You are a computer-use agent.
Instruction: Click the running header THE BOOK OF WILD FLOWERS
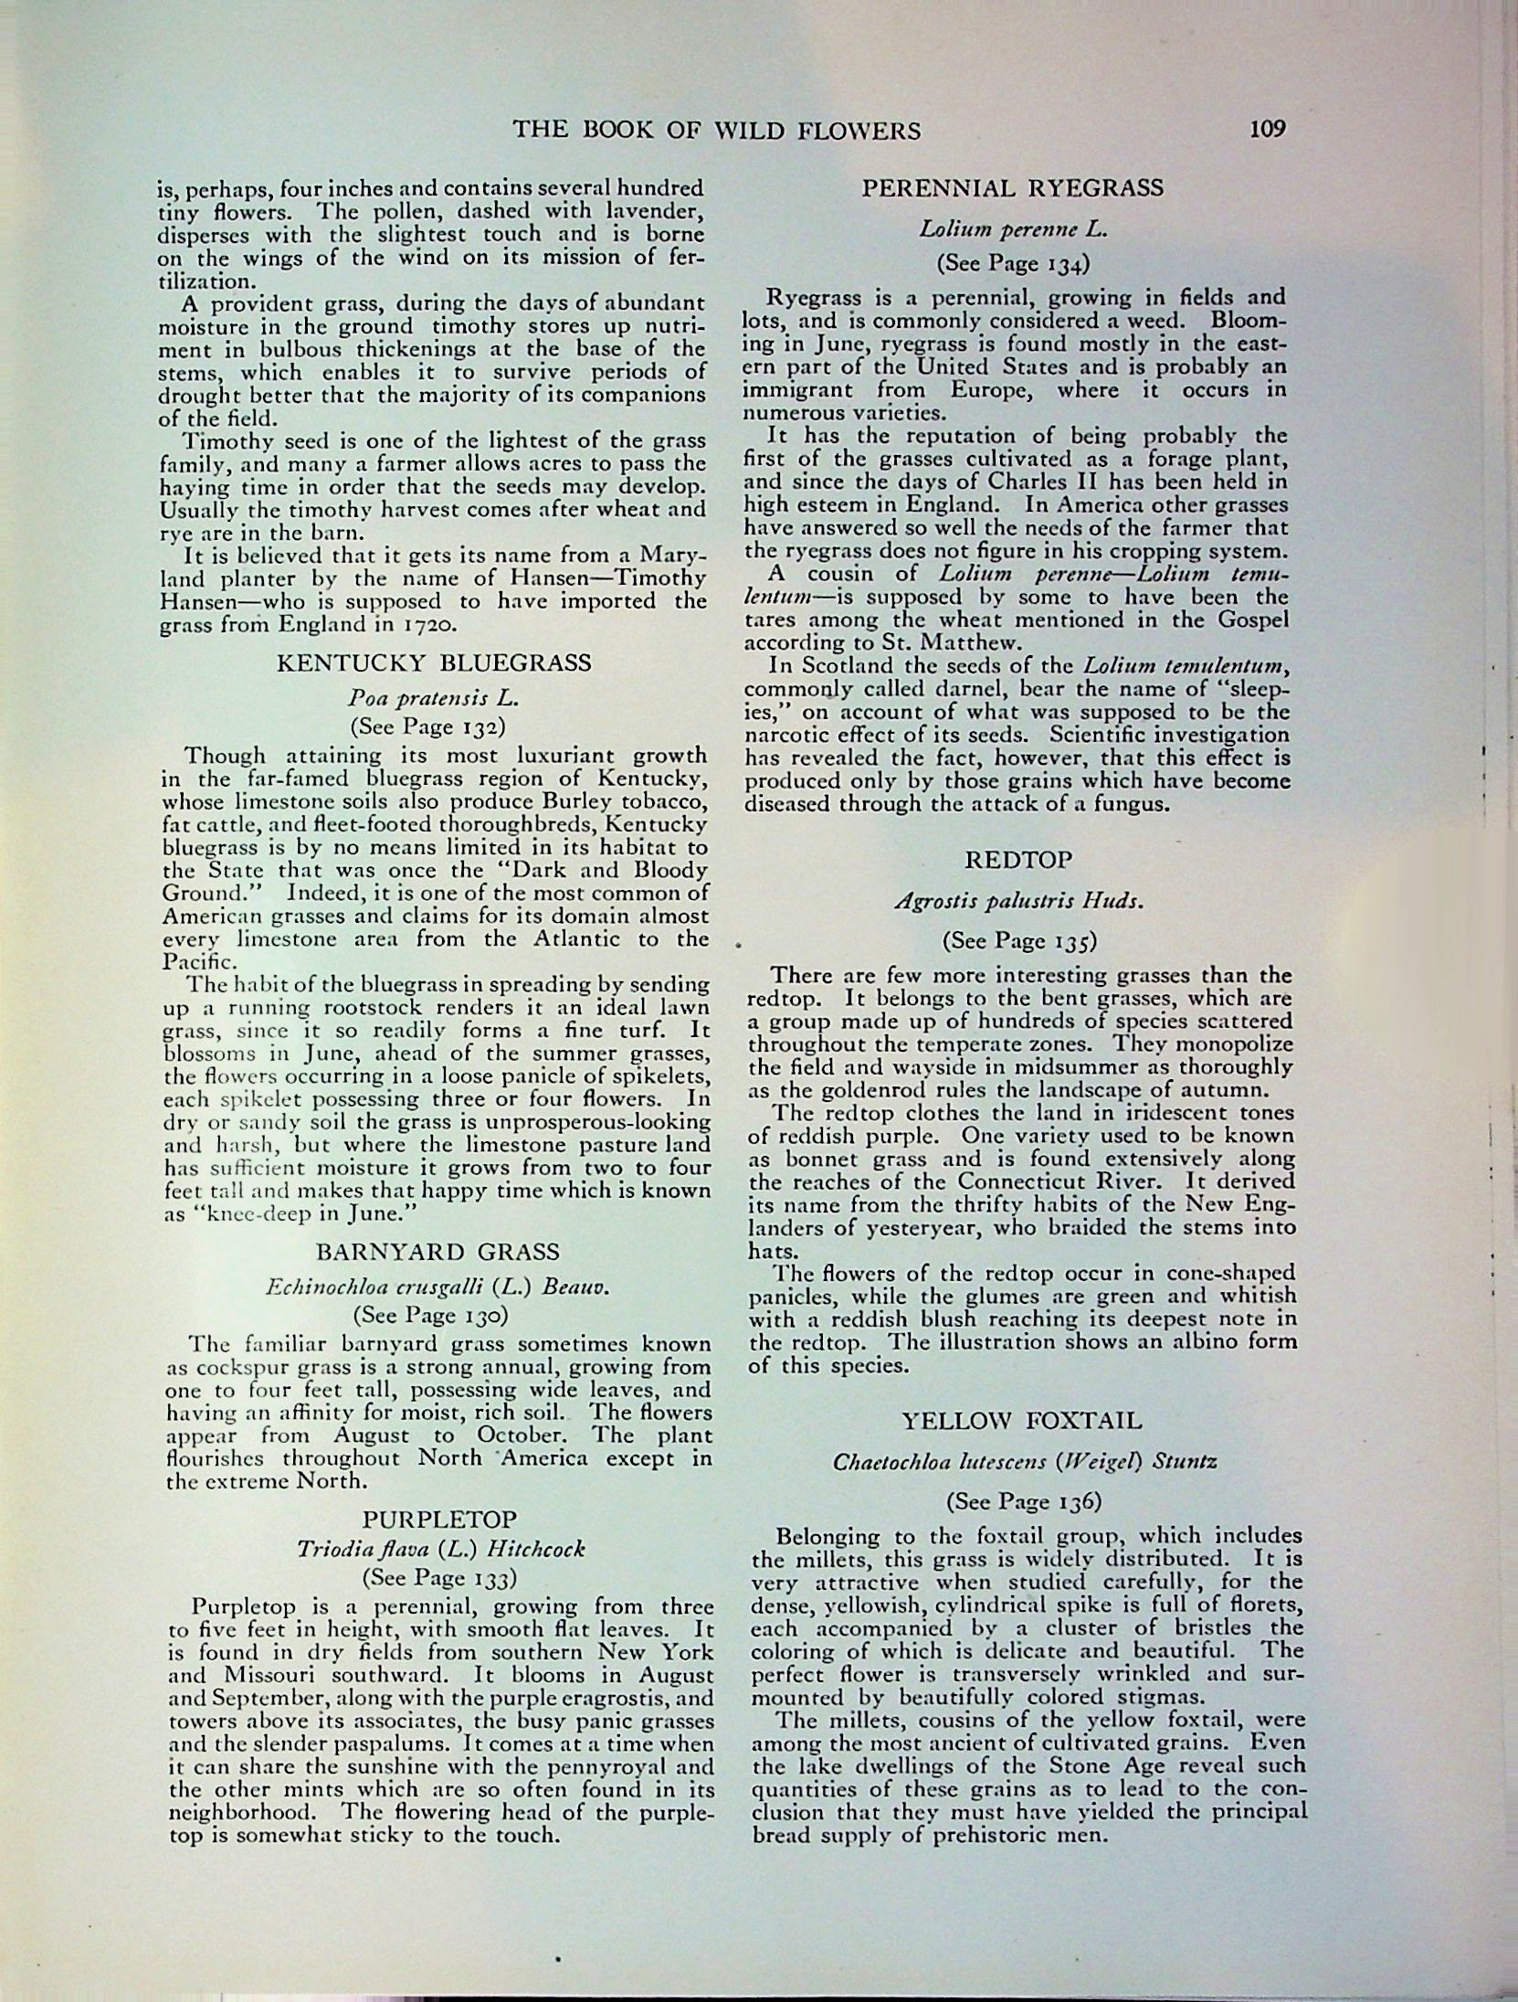pos(716,131)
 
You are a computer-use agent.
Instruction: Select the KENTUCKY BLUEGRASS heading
pos(433,662)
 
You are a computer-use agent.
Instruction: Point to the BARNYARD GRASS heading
pos(433,1251)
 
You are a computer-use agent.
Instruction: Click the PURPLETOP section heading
pos(440,1520)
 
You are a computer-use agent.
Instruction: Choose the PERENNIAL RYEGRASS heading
pos(1014,188)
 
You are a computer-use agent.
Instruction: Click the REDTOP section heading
pos(1018,860)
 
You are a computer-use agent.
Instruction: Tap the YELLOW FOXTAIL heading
pos(1021,1421)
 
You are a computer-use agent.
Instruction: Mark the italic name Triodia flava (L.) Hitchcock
pos(439,1549)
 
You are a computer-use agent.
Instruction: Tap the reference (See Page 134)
pos(1013,264)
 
